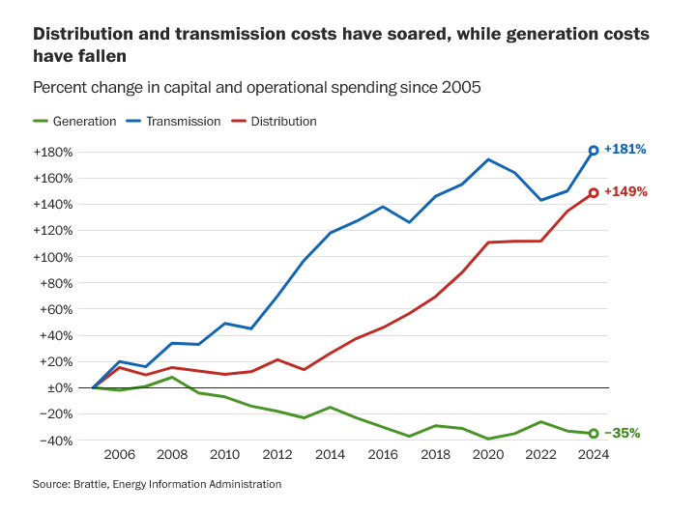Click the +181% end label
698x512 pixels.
click(x=625, y=150)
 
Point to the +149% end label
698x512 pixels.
click(x=625, y=191)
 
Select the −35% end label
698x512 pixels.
click(x=625, y=433)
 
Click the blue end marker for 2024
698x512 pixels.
click(x=594, y=151)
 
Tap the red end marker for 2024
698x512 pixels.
click(x=594, y=192)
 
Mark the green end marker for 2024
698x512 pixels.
click(x=594, y=434)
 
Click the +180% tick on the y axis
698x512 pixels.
click(x=54, y=152)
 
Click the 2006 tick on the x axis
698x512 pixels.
click(x=119, y=455)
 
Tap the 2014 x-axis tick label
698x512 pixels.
click(x=330, y=455)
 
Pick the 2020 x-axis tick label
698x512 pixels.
click(x=487, y=455)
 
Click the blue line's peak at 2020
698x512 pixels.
click(x=488, y=159)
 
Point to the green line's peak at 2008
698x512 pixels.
click(x=171, y=377)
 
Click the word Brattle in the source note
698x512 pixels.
click(x=89, y=484)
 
